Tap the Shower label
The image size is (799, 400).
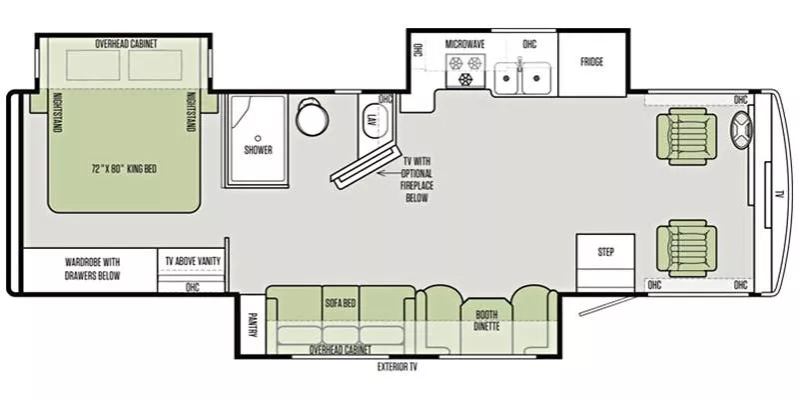pos(258,151)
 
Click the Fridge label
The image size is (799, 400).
pos(592,62)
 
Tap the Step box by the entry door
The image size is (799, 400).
pos(605,252)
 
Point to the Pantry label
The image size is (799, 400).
pos(251,326)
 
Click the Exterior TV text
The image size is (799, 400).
pos(397,367)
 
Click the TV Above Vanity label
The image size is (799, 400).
pos(193,261)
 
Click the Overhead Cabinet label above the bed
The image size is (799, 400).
pos(126,44)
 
